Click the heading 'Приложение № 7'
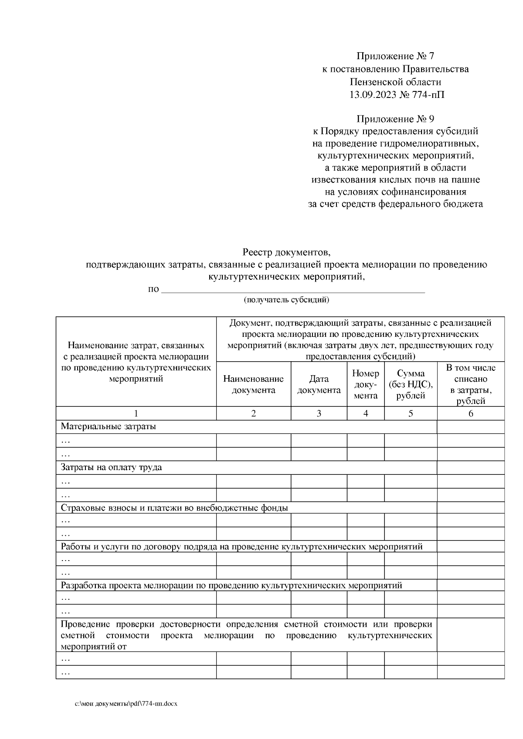[395, 56]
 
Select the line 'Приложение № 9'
[395, 119]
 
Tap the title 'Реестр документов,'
[286, 252]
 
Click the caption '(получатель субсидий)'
[286, 300]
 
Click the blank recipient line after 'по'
[293, 290]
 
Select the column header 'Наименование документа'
[253, 384]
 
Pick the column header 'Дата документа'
[319, 384]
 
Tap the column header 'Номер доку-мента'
[365, 384]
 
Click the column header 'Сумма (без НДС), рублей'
[411, 384]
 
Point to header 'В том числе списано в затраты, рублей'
[470, 384]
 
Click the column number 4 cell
[365, 413]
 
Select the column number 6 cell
[470, 413]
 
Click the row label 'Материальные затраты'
[108, 427]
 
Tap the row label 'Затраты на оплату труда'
[111, 467]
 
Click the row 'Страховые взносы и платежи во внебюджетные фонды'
[174, 508]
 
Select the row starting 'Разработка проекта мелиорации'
[231, 585]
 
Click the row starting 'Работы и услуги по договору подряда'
[241, 547]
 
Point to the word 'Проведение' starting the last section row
[83, 625]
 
